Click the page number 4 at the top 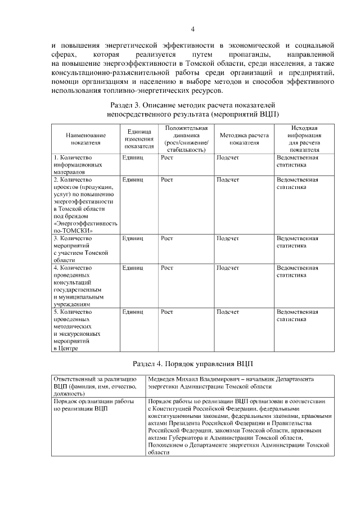192,29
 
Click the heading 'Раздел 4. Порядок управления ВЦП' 192,363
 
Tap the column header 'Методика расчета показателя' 244,139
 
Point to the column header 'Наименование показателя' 86,139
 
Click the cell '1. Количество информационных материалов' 78,165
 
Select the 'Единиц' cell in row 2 133,179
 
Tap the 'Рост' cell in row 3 166,238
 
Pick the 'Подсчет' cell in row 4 228,268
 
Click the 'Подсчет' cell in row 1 228,158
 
